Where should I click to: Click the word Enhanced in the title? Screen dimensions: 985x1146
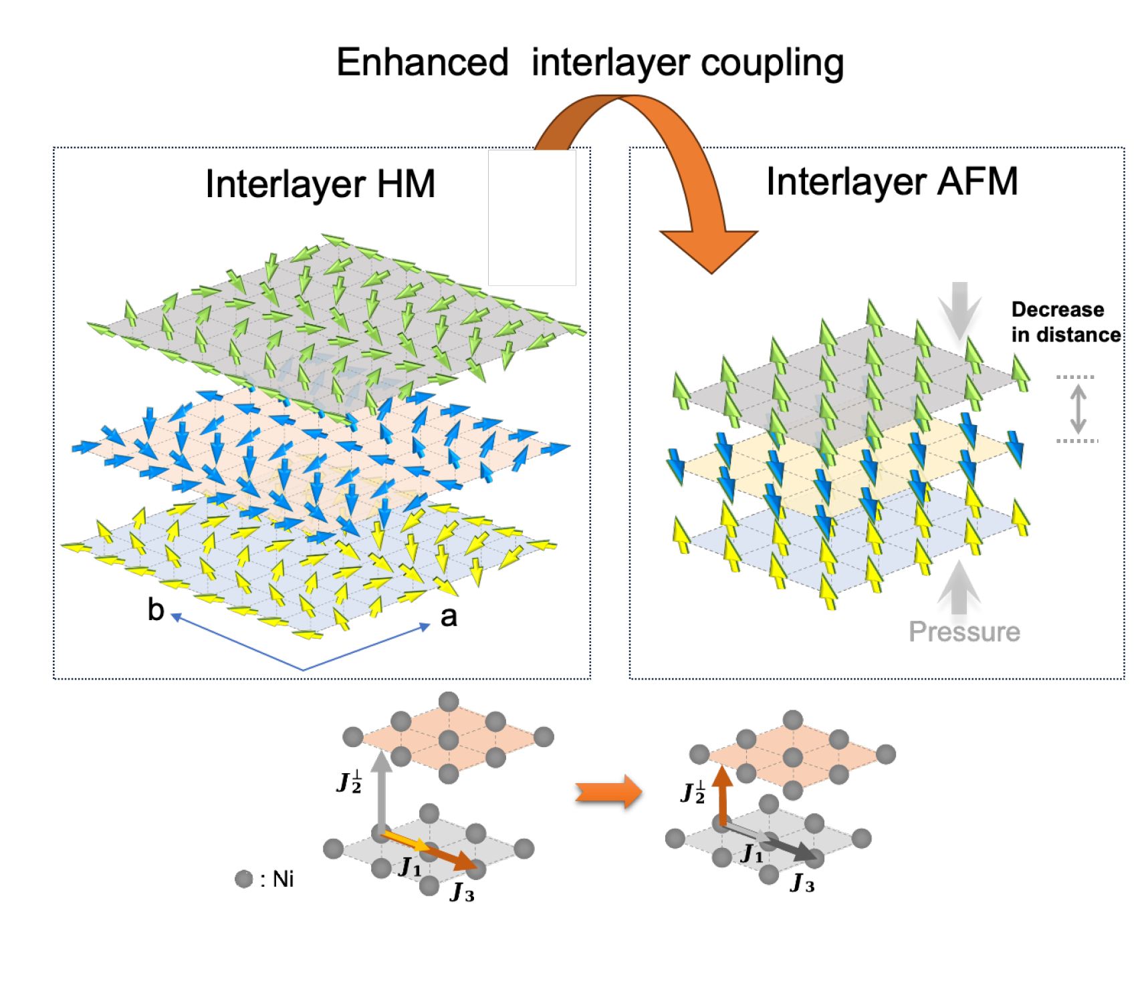click(422, 63)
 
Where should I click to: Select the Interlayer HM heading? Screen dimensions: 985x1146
click(320, 184)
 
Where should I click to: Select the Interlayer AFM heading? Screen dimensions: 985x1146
click(892, 181)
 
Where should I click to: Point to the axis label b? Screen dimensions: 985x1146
click(156, 609)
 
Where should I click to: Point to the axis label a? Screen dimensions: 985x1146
click(449, 616)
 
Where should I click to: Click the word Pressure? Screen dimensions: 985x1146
click(964, 631)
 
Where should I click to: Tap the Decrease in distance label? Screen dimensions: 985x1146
click(1066, 322)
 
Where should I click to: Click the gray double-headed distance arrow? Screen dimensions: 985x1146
click(1077, 409)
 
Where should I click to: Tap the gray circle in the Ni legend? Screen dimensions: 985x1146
click(244, 879)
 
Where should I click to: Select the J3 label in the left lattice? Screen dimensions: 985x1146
click(462, 891)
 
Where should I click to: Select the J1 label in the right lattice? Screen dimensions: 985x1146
click(752, 853)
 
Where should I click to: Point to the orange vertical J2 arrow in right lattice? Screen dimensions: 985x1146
click(722, 797)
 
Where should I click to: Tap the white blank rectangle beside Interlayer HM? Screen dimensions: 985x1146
click(532, 218)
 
